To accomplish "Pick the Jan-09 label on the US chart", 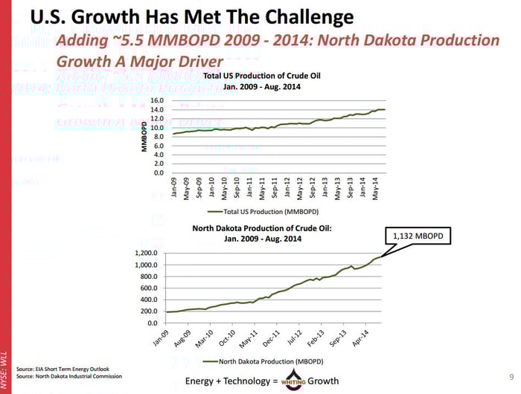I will coord(173,188).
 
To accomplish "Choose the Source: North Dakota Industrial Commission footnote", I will coord(69,377).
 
